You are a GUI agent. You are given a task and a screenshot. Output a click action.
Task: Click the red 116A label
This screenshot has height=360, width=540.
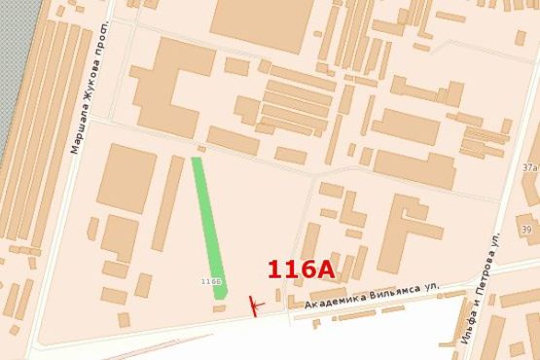tap(301, 269)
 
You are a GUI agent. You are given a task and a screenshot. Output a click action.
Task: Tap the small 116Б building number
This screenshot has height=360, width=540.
tap(211, 281)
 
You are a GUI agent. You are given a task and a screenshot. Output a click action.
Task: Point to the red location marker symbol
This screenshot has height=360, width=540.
tap(255, 306)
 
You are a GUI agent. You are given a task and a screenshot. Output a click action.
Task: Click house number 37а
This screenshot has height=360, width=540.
tap(529, 167)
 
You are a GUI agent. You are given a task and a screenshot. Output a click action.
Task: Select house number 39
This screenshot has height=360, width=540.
tap(526, 230)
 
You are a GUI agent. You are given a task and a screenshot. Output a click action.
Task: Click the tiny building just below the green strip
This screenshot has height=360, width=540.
tap(219, 307)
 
